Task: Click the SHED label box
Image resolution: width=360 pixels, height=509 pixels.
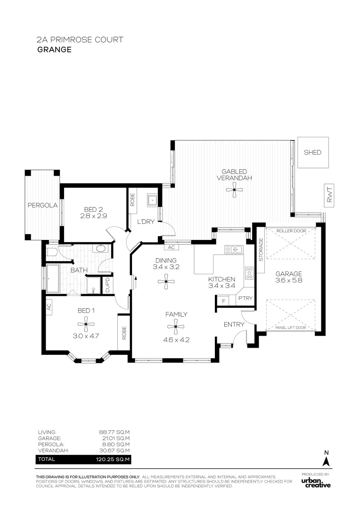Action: click(x=312, y=152)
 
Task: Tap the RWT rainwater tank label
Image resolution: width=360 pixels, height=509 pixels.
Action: click(x=329, y=196)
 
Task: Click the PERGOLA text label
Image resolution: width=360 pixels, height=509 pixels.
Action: click(x=42, y=205)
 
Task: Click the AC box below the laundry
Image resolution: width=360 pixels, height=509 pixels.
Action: click(x=171, y=247)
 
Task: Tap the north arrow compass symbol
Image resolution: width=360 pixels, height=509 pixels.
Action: click(x=326, y=460)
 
